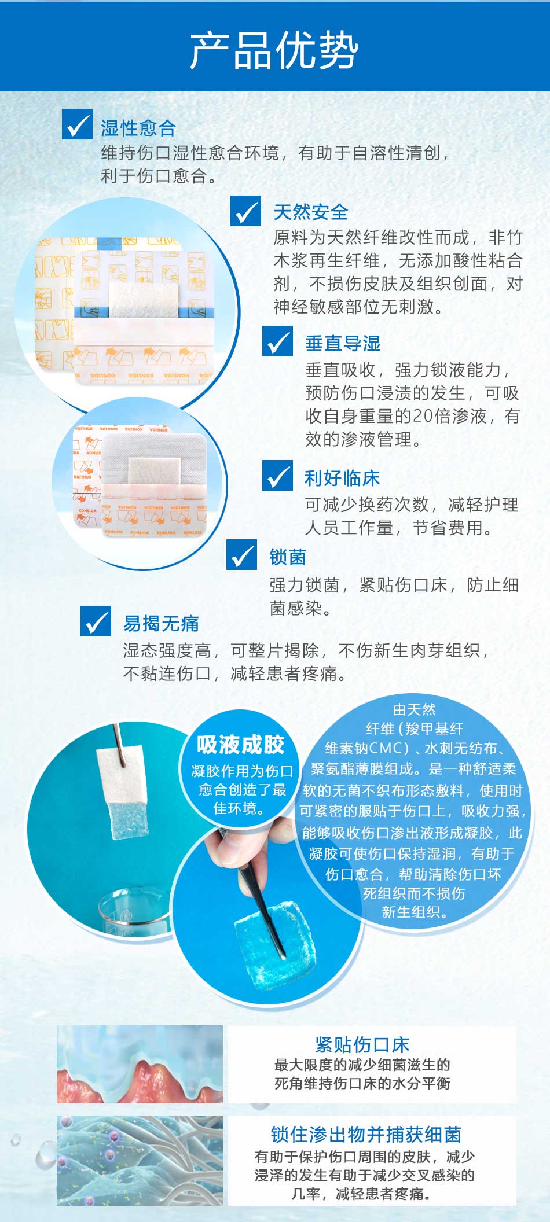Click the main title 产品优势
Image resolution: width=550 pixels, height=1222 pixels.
(274, 50)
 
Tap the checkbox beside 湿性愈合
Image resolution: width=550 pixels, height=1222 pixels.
(77, 124)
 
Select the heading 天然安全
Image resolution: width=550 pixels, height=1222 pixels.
(311, 212)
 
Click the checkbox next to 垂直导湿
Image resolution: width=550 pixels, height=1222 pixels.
(277, 341)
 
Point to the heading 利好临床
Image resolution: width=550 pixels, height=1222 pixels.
(342, 478)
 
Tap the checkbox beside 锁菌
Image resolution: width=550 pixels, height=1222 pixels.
(241, 555)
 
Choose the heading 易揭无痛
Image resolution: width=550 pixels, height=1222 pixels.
(161, 623)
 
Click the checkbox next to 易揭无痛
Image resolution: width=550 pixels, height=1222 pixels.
(96, 621)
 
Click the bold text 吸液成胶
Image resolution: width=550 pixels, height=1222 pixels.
(240, 745)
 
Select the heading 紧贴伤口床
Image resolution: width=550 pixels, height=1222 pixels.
(362, 1044)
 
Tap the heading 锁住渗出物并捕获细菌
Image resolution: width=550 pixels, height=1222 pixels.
(366, 1135)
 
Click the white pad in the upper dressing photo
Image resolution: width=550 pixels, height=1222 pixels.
(142, 300)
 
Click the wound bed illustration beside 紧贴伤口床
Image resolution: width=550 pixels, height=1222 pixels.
(140, 1064)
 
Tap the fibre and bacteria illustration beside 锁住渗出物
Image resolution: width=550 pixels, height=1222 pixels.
(140, 1160)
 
